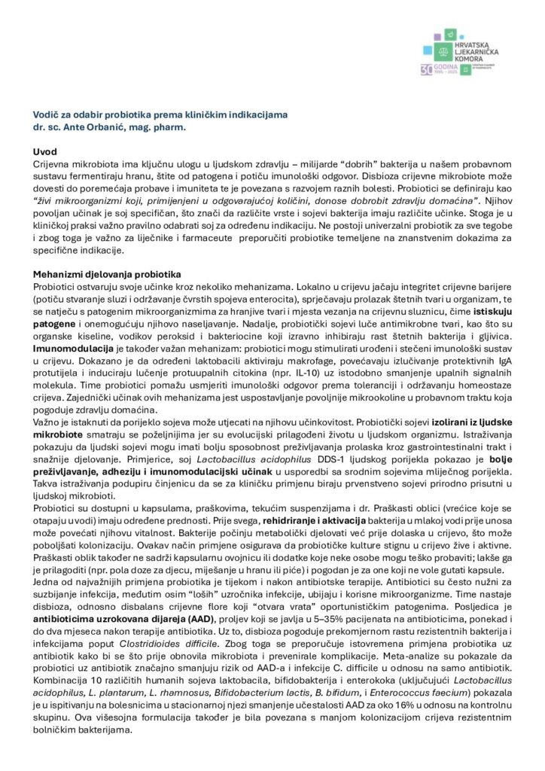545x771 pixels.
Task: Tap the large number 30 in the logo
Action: pos(428,69)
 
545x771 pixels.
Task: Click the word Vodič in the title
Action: pos(45,114)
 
